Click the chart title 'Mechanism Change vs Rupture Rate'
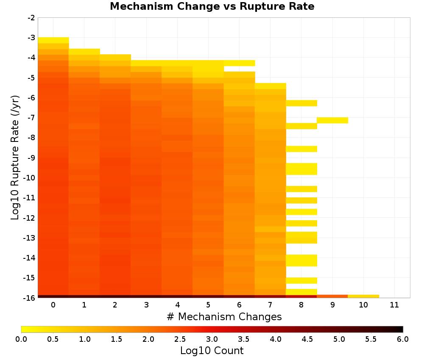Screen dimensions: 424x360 coord(212,6)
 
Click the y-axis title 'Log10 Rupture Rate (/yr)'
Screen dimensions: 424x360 coord(15,158)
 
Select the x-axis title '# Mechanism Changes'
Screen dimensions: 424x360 coord(224,316)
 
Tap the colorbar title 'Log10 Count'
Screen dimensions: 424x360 coord(212,351)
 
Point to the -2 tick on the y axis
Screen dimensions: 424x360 coord(31,18)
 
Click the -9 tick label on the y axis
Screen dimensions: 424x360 coord(31,158)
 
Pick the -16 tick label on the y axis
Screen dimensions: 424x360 coord(30,298)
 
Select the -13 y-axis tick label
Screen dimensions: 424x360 coord(30,238)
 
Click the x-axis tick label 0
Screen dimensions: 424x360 coord(53,305)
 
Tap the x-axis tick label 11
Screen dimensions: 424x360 coord(394,305)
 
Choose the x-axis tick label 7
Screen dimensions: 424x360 coord(271,305)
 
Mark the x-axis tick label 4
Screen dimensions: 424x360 coord(177,305)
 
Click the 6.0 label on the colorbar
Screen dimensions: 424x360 coord(403,339)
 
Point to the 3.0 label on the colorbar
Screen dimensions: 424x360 coord(212,339)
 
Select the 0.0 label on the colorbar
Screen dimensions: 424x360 coord(21,339)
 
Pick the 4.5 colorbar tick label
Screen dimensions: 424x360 coord(307,339)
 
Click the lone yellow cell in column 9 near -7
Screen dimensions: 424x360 coord(332,120)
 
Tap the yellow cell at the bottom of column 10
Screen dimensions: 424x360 coord(363,296)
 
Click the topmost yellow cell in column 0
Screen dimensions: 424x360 coord(53,40)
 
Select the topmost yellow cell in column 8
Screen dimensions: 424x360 coord(301,103)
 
